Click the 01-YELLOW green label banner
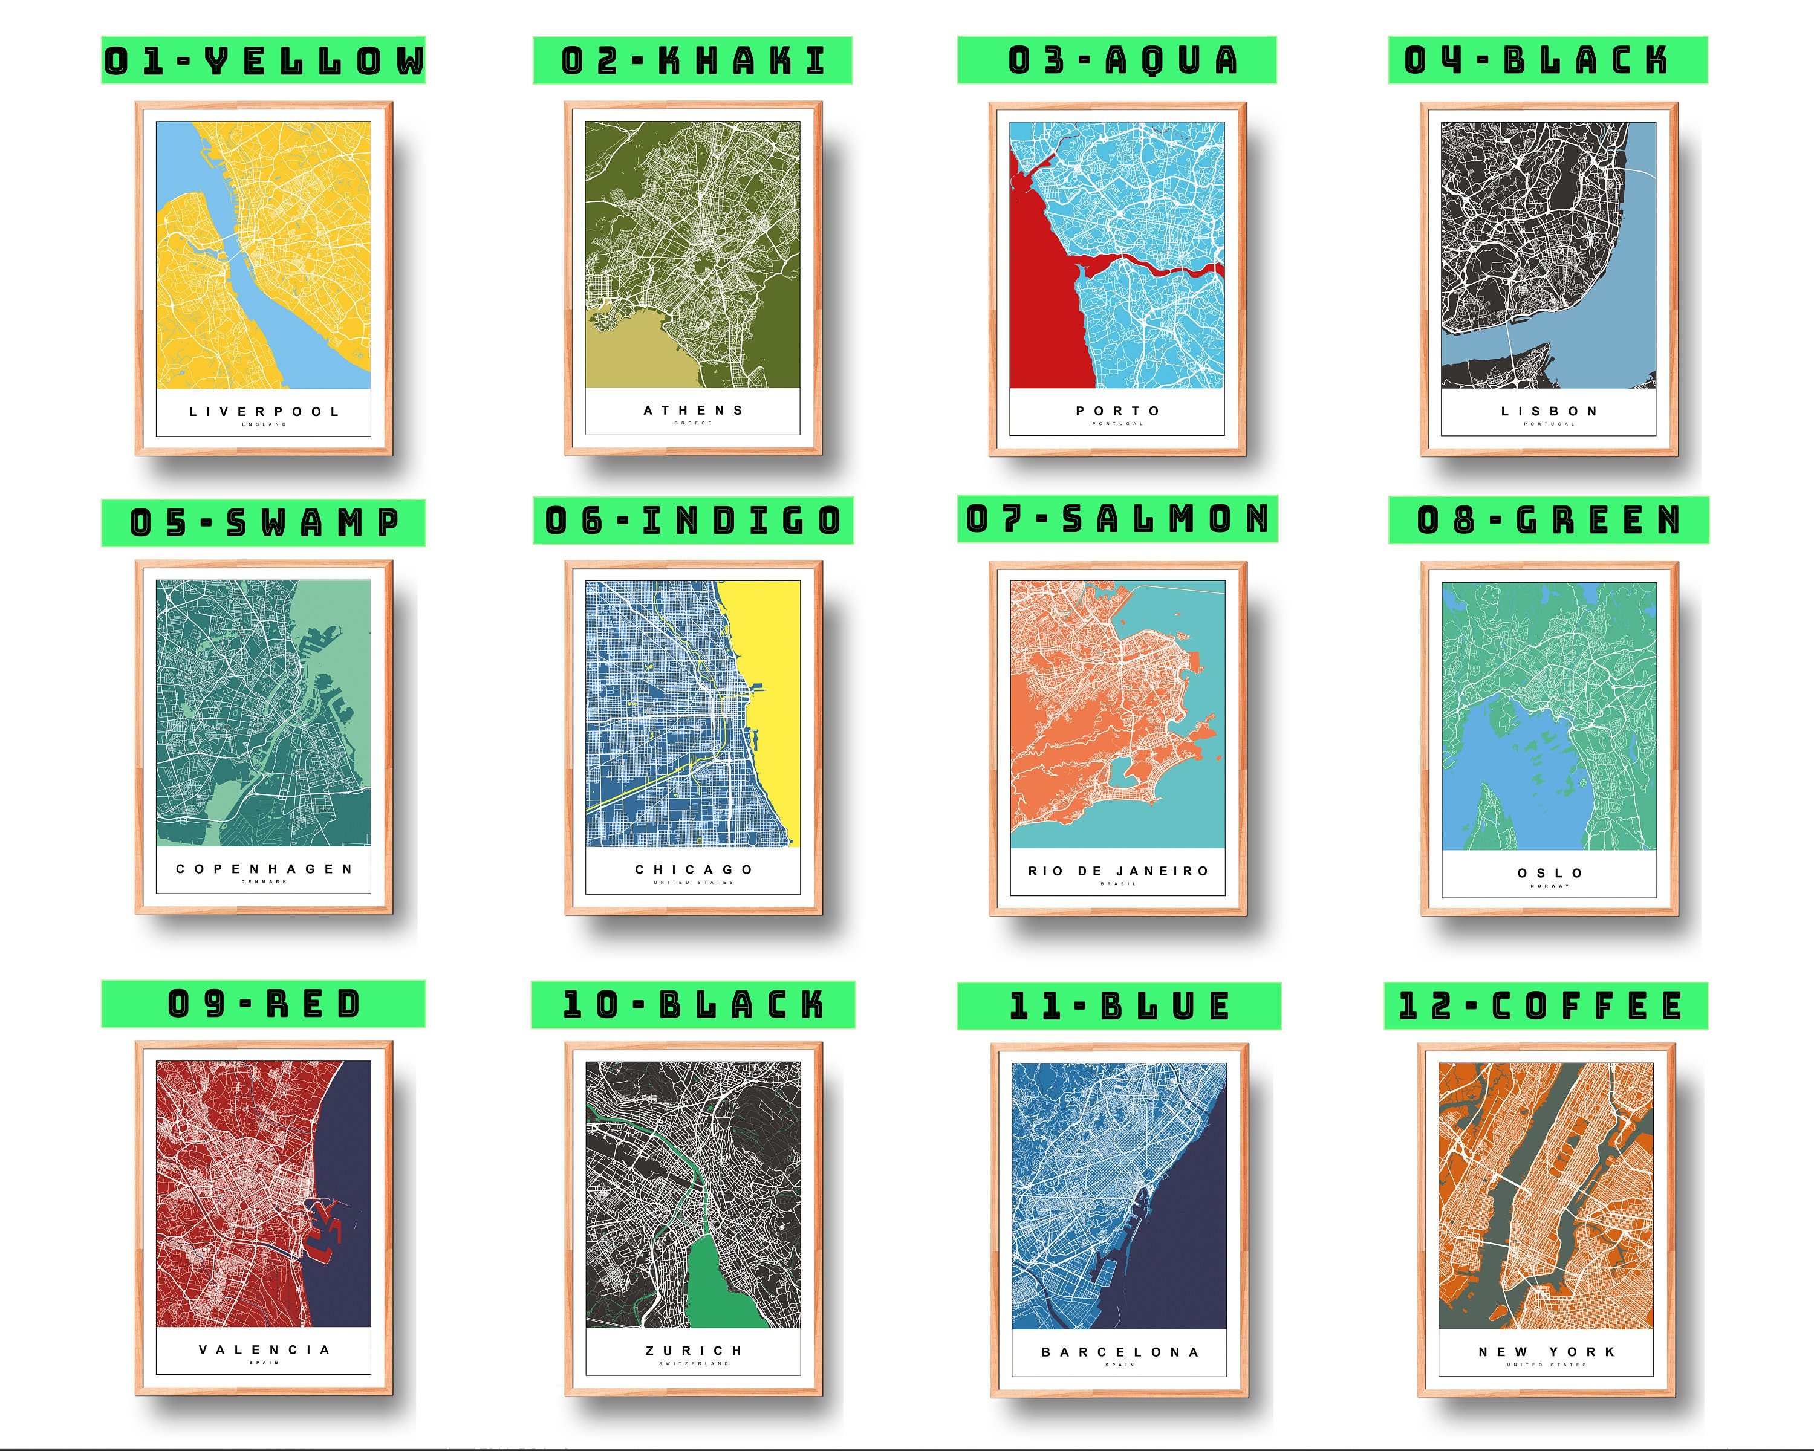click(264, 60)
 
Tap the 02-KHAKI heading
click(692, 60)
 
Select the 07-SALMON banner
click(1117, 518)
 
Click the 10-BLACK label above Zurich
click(692, 1004)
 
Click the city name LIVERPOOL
click(264, 411)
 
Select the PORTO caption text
click(1117, 411)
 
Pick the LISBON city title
click(1549, 411)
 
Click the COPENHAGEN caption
click(264, 869)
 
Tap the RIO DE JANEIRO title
click(1117, 871)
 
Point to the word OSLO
click(1550, 873)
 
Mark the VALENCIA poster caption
click(264, 1350)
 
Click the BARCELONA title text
click(1120, 1352)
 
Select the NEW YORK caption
click(1547, 1352)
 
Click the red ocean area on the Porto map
click(1039, 320)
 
